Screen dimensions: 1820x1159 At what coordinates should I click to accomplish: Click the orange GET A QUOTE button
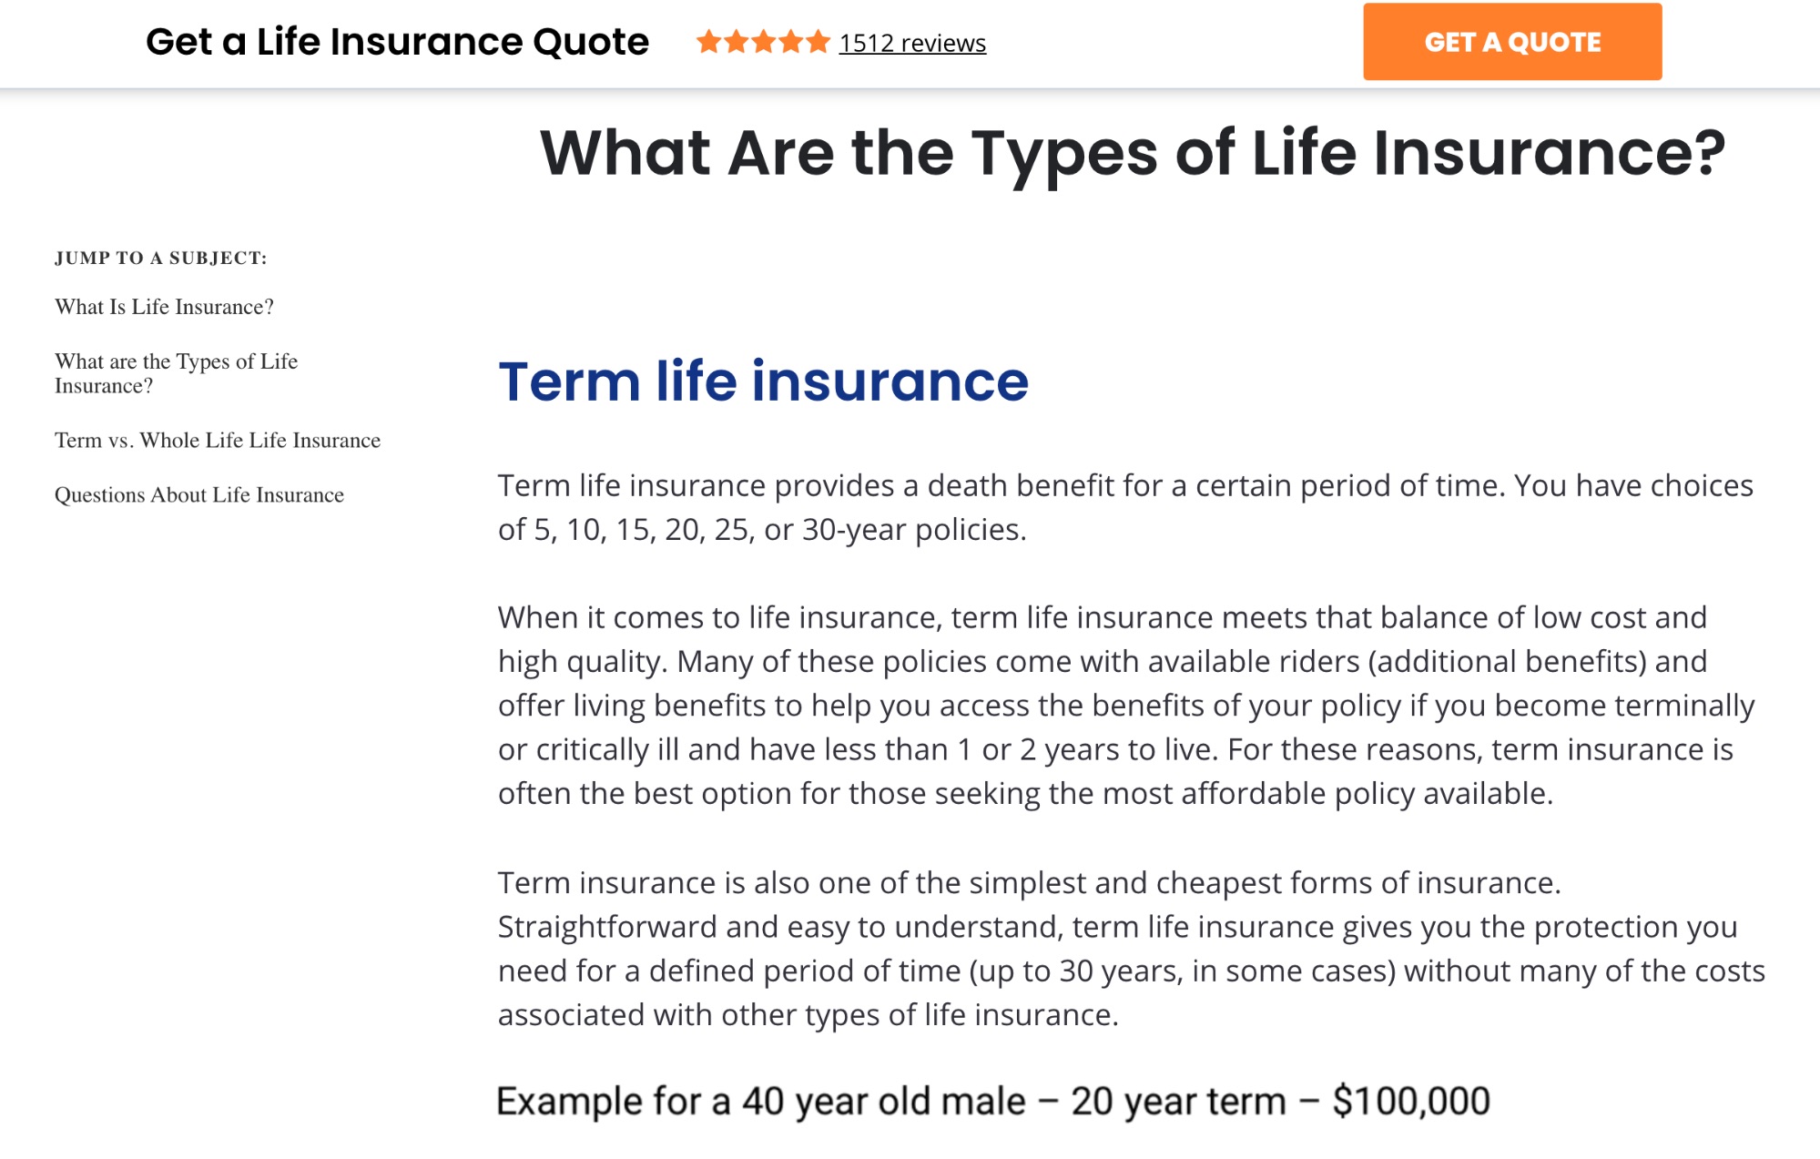tap(1511, 42)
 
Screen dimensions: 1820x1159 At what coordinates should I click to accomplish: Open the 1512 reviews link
tap(912, 43)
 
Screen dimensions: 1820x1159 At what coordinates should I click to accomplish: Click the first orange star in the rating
tap(708, 42)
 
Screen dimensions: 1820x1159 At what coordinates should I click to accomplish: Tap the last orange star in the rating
tap(818, 42)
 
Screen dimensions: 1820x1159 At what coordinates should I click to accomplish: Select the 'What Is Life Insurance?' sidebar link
tap(164, 307)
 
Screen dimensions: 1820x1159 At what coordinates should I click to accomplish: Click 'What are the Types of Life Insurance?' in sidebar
tap(177, 373)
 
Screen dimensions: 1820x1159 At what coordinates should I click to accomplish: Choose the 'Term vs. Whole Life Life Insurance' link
tap(218, 441)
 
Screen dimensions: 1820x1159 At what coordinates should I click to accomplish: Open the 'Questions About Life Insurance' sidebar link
tap(199, 495)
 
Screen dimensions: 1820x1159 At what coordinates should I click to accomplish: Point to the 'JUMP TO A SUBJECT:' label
tap(161, 259)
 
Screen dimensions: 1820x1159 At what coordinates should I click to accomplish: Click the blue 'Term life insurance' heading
tap(763, 381)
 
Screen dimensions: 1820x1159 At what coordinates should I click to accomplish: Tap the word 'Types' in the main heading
tap(1064, 153)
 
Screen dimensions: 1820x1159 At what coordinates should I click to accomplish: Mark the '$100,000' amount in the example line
tap(1411, 1102)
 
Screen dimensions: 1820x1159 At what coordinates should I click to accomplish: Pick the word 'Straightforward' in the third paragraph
tap(607, 928)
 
